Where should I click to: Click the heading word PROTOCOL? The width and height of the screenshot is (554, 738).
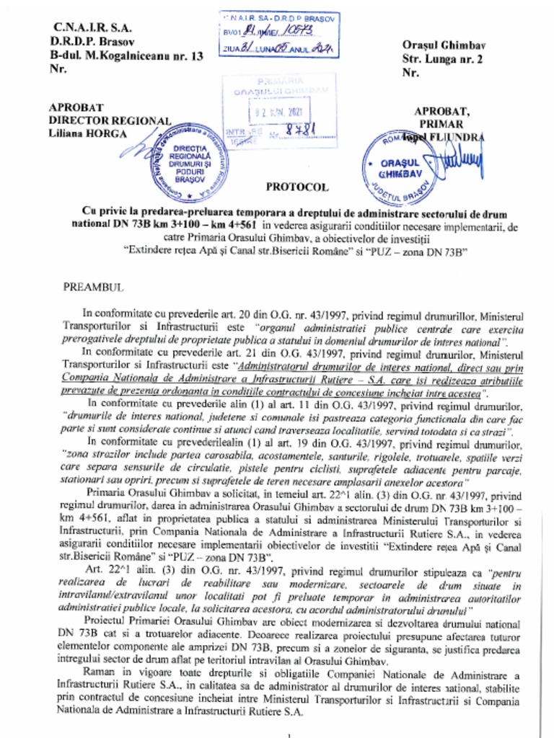point(297,187)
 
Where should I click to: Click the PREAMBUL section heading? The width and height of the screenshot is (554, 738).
point(94,287)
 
